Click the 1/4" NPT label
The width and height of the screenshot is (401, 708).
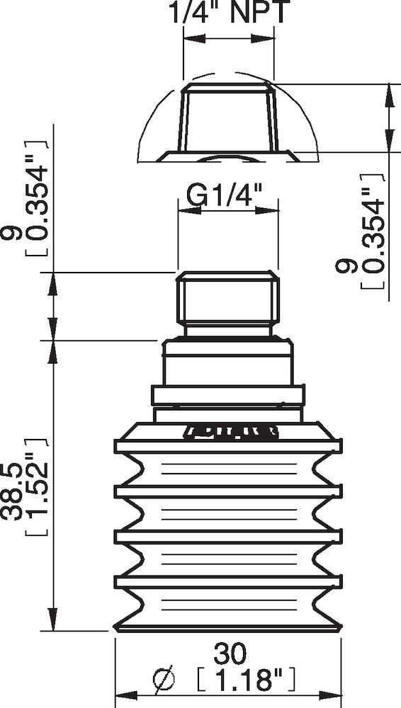tap(229, 12)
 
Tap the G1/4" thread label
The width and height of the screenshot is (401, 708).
tap(225, 193)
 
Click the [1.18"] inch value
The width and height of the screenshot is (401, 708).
tap(244, 681)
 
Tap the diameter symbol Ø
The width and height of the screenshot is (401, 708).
tap(164, 681)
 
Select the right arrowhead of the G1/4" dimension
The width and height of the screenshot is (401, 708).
tap(273, 209)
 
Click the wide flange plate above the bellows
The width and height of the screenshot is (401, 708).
tap(228, 395)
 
